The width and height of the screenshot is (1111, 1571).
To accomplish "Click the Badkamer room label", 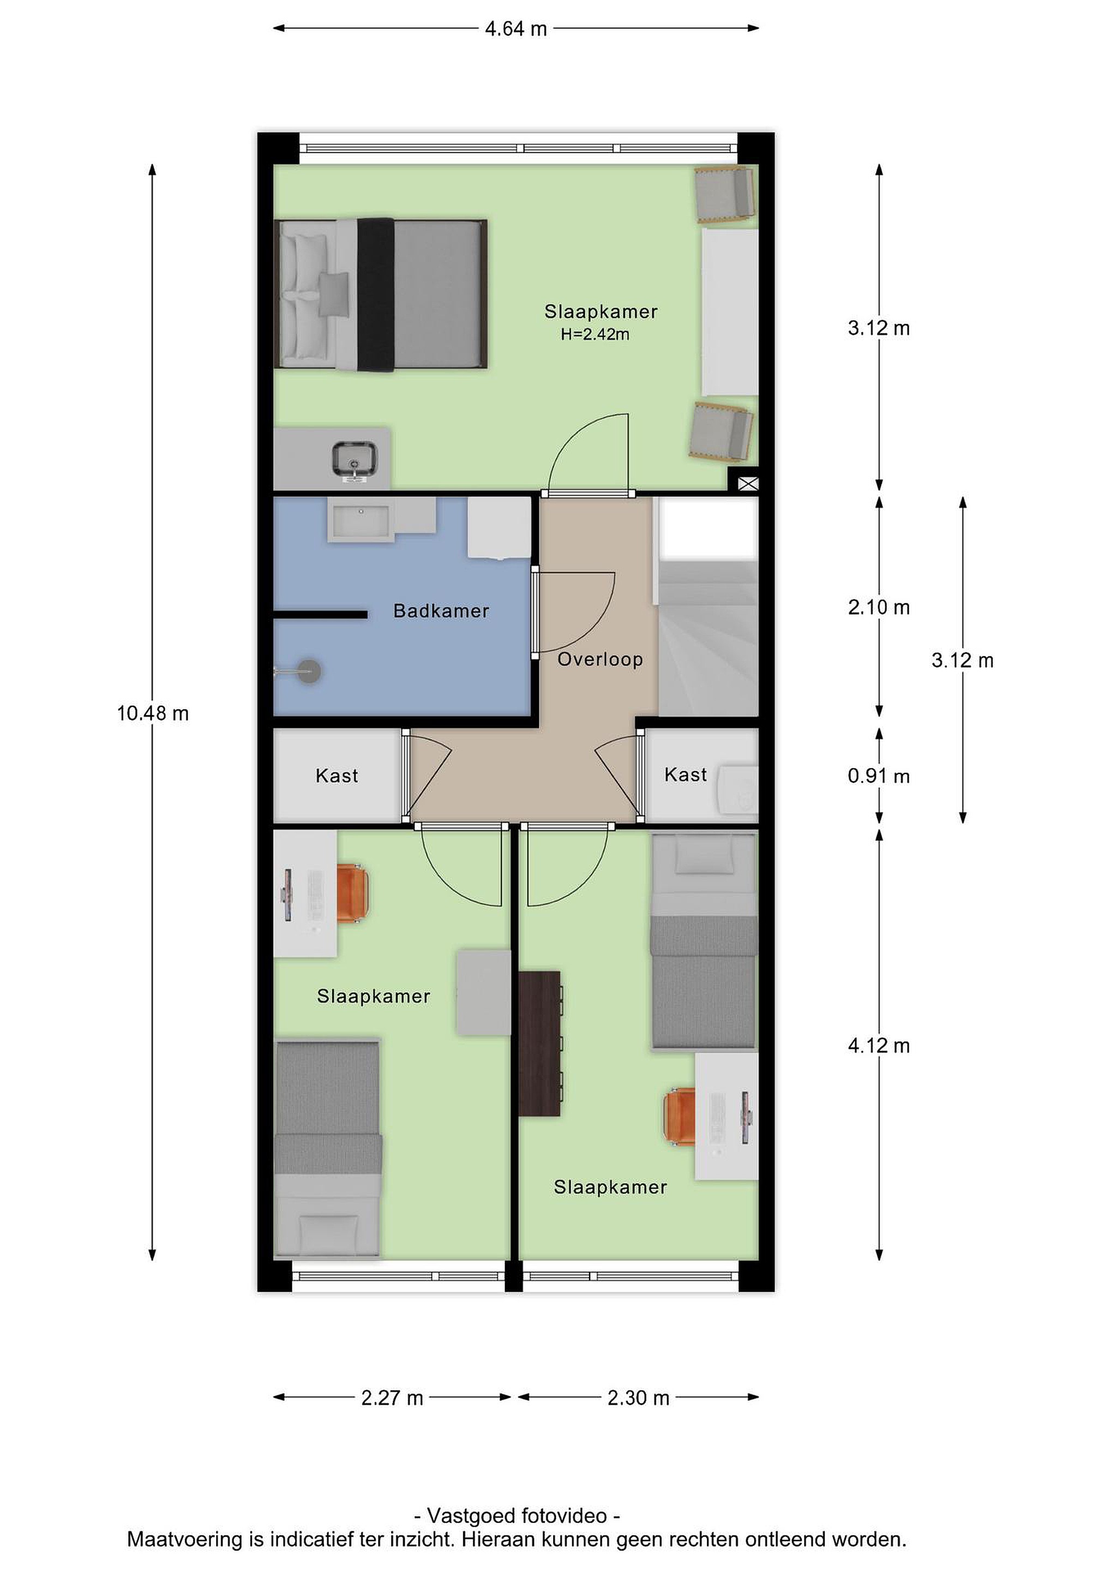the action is [441, 611].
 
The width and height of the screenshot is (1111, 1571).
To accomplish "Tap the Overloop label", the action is [600, 659].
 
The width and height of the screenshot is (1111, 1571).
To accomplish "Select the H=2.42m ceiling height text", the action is [595, 334].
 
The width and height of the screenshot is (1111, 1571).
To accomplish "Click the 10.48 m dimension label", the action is [153, 713].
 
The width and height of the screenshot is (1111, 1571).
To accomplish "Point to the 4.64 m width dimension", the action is [516, 29].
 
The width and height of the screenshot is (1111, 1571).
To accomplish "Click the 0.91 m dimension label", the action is [879, 776].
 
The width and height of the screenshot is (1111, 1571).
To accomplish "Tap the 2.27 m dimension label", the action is [392, 1398].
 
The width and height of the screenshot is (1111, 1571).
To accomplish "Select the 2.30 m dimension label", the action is [638, 1398].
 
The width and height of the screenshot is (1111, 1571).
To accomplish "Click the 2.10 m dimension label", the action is [879, 607].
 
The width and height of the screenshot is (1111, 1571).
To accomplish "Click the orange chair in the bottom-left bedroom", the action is [352, 894].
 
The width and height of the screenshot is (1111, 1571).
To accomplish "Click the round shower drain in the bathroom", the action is [309, 671].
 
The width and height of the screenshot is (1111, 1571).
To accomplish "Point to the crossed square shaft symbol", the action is [748, 484].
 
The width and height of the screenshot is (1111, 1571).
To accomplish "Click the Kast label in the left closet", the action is [337, 776].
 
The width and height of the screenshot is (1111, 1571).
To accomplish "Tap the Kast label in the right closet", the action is [686, 775].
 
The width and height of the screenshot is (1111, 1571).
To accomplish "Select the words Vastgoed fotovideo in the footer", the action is [517, 1515].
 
